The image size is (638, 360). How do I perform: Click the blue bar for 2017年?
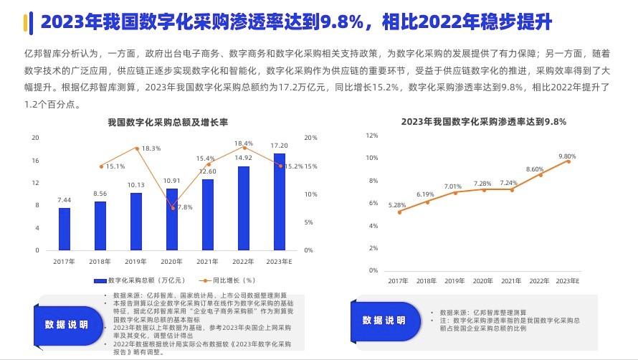(x=65, y=229)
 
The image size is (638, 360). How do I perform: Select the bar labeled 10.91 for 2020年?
(x=172, y=219)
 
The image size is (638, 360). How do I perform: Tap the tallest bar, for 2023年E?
(x=280, y=202)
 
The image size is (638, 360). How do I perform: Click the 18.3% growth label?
(x=151, y=148)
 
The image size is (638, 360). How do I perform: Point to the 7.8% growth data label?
(x=185, y=207)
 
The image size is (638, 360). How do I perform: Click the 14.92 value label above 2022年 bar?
(x=244, y=158)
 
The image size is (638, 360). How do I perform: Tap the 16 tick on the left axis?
(x=35, y=160)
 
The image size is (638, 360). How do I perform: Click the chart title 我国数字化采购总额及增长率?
(x=167, y=123)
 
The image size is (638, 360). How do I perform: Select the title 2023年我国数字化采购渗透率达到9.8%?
(x=484, y=122)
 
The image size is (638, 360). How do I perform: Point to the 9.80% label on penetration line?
(x=567, y=156)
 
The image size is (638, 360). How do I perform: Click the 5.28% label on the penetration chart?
(x=397, y=205)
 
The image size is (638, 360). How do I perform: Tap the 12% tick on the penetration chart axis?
(x=372, y=135)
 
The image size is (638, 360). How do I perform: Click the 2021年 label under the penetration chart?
(x=511, y=280)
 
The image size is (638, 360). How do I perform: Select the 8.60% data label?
(x=535, y=169)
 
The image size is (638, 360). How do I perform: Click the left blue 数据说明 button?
(x=66, y=325)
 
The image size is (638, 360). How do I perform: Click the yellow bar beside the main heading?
(x=26, y=23)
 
